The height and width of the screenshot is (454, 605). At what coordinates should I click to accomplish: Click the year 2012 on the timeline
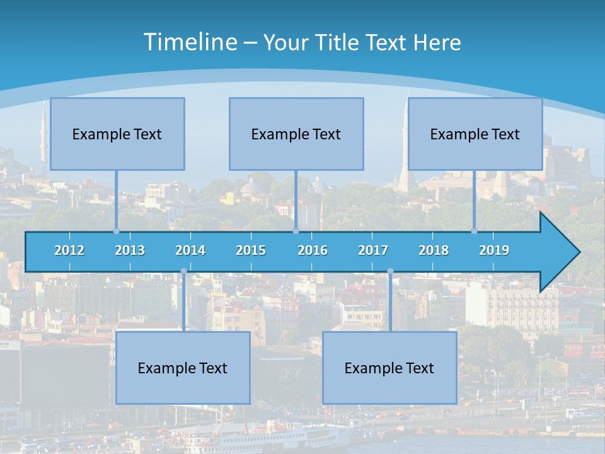[x=69, y=250]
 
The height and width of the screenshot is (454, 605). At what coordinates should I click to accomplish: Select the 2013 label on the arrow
[x=130, y=250]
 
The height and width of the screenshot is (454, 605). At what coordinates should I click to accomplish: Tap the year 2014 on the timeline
[x=190, y=250]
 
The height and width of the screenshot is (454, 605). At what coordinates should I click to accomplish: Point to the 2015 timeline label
[x=251, y=250]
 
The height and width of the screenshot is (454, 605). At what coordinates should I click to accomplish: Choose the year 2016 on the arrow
[x=313, y=250]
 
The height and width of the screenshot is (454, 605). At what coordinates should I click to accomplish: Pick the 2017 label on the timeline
[x=373, y=250]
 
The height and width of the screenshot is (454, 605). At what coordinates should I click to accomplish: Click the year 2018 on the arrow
[x=434, y=250]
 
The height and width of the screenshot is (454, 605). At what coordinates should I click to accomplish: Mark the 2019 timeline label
[x=494, y=250]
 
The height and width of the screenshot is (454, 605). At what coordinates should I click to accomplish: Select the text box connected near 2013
[x=117, y=134]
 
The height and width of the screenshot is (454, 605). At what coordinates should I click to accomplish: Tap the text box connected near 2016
[x=296, y=134]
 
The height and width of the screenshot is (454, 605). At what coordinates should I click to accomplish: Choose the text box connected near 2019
[x=475, y=134]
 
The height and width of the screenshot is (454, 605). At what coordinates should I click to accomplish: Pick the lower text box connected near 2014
[x=183, y=368]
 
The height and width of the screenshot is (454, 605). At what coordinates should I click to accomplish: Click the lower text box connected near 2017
[x=389, y=368]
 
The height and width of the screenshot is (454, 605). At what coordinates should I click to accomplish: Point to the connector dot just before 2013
[x=116, y=231]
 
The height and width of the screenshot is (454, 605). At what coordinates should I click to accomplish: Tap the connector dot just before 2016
[x=296, y=231]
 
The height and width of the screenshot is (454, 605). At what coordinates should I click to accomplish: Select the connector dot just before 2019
[x=475, y=231]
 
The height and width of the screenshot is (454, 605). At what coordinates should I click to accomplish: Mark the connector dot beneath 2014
[x=183, y=272]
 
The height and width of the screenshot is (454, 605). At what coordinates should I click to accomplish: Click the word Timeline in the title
[x=190, y=42]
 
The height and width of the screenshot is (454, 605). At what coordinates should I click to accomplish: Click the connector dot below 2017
[x=390, y=272]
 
